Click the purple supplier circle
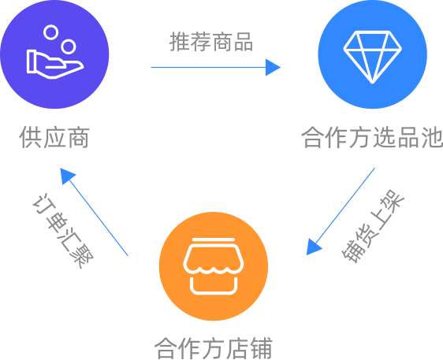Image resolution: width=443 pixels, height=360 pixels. click(x=54, y=54)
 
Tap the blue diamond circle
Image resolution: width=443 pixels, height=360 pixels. click(x=372, y=54)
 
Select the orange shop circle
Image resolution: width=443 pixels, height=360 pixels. click(x=214, y=266)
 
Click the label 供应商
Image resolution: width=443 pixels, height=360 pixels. click(x=54, y=138)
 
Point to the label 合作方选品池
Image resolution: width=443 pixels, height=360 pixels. click(x=372, y=138)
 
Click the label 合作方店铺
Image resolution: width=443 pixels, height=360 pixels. click(x=214, y=348)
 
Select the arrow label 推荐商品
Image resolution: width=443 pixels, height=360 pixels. click(x=211, y=42)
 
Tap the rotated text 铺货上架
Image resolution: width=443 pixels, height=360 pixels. click(x=373, y=226)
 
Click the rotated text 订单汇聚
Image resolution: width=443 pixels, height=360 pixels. click(x=63, y=231)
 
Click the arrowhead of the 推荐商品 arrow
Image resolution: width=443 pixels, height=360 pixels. click(x=273, y=68)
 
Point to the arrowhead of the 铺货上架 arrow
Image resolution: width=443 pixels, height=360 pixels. click(x=313, y=247)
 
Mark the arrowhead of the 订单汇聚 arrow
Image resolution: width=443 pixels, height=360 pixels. click(x=67, y=176)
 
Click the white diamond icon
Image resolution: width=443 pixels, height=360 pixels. click(x=372, y=57)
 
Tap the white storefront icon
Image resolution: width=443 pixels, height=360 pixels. click(x=214, y=266)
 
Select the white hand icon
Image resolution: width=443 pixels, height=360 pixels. click(x=55, y=65)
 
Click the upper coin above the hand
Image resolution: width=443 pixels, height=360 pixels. click(x=51, y=32)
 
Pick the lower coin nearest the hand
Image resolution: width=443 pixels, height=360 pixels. click(x=69, y=46)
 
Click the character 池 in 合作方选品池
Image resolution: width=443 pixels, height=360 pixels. click(x=432, y=138)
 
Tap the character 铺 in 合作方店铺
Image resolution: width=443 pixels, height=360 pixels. click(x=262, y=348)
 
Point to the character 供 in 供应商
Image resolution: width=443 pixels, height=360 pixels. click(x=30, y=138)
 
